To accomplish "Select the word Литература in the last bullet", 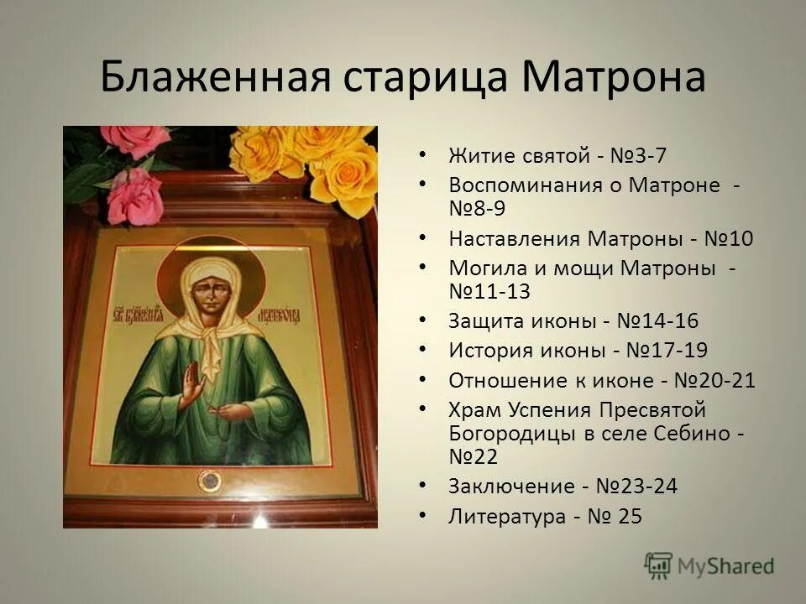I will [x=507, y=517].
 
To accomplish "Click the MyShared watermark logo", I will [x=709, y=565].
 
